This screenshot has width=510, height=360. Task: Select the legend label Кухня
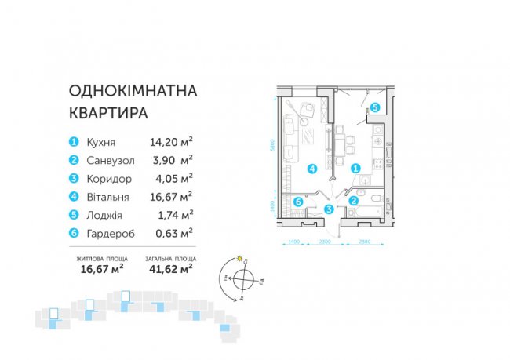[x=103, y=142]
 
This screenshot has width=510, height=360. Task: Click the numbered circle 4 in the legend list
[x=73, y=196]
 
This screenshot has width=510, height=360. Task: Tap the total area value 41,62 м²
[x=170, y=270]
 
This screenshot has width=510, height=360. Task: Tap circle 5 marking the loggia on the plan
[x=375, y=107]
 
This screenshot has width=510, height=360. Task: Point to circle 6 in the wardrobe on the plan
[x=298, y=202]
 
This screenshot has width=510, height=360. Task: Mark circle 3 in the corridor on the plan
[x=329, y=209]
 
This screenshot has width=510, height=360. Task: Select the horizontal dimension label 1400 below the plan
[x=294, y=242]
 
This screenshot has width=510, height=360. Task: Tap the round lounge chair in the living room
[x=301, y=106]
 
